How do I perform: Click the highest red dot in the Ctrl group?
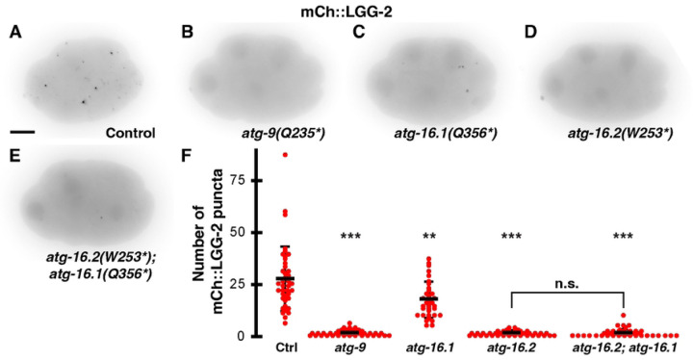click(x=284, y=154)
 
